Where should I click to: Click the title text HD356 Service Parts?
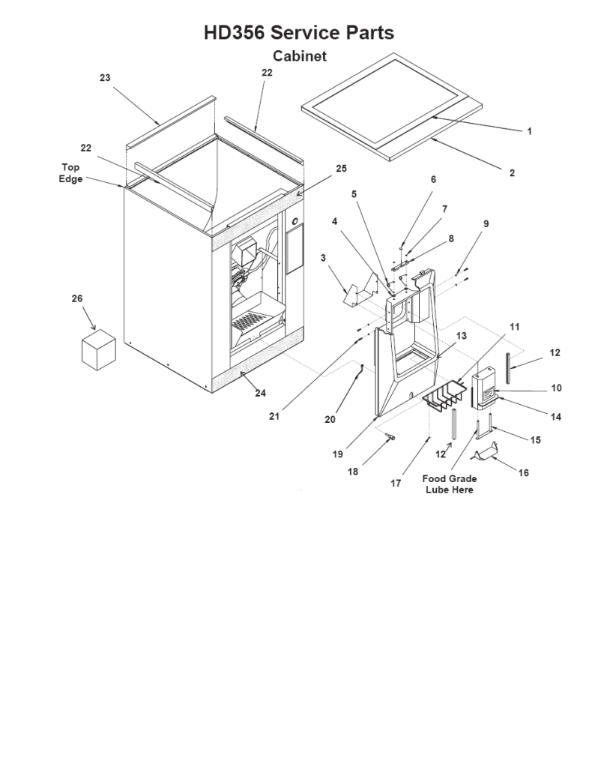(x=299, y=32)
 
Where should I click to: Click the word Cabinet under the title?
(x=299, y=56)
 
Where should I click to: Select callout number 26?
(x=76, y=298)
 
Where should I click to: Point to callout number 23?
(x=105, y=78)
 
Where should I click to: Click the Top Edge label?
(x=71, y=173)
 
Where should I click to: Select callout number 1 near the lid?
(x=529, y=131)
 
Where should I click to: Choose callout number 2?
(x=512, y=173)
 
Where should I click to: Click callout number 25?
(x=341, y=169)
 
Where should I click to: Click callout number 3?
(x=323, y=258)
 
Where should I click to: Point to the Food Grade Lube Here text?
(x=450, y=484)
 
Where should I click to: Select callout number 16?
(x=523, y=473)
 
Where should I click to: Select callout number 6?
(x=432, y=180)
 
